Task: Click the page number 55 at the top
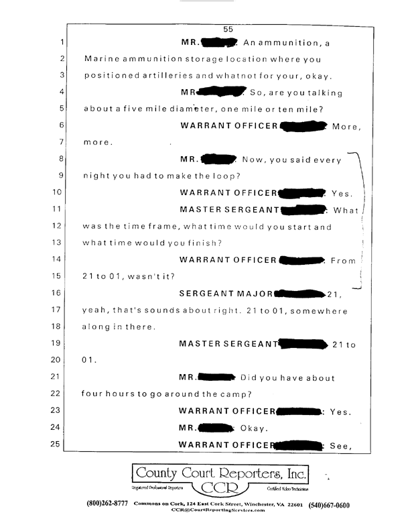tap(227, 29)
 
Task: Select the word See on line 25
tap(340, 444)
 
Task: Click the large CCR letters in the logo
tap(220, 488)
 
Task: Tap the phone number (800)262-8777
tap(109, 504)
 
